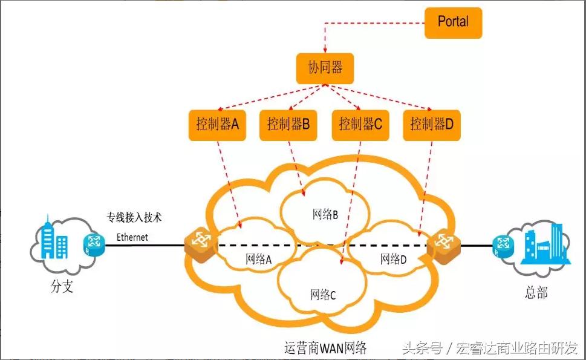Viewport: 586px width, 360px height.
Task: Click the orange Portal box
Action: [453, 22]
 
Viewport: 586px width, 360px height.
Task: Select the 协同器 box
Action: [325, 68]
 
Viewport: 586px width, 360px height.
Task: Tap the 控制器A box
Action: [217, 125]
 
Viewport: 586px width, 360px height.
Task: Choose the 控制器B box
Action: [288, 125]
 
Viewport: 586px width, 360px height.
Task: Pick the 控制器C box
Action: [360, 125]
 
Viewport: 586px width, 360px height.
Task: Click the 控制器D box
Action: [431, 125]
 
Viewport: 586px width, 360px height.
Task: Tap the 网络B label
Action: [325, 214]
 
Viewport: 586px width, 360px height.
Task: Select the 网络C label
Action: [322, 295]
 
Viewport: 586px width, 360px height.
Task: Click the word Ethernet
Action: [132, 237]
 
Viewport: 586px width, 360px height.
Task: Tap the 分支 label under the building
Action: [61, 287]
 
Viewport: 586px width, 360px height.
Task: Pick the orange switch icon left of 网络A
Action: [200, 242]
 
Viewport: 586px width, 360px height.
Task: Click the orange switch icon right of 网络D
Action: [444, 243]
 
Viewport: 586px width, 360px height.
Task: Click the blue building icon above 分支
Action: [56, 240]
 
